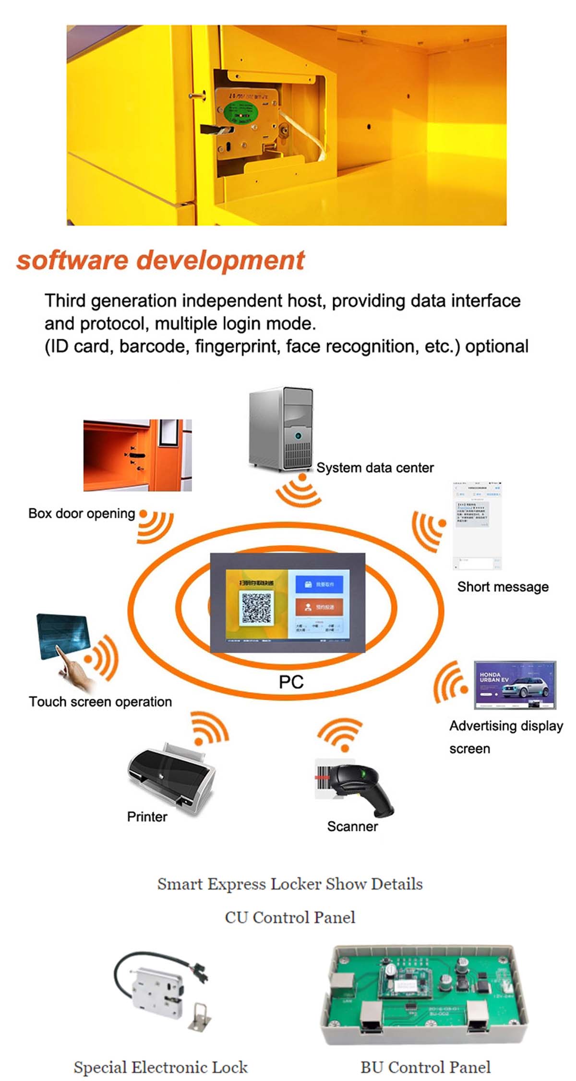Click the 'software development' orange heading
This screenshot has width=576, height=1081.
tap(160, 260)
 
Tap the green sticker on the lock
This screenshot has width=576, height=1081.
tap(241, 113)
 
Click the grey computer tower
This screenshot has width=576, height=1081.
tap(281, 429)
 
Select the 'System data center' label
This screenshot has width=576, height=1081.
tap(375, 468)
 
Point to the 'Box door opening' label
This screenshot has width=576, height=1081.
tap(82, 513)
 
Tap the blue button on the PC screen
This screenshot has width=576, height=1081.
tap(319, 584)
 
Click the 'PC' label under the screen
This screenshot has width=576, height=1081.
tap(291, 682)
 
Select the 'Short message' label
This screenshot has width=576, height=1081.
tap(503, 587)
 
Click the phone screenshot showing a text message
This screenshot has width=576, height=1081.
tap(477, 526)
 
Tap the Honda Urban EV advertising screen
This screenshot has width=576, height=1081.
tap(515, 685)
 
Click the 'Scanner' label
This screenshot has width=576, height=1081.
tap(352, 826)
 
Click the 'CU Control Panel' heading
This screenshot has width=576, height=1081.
tap(290, 917)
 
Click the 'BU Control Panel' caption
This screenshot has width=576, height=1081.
tap(425, 1067)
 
